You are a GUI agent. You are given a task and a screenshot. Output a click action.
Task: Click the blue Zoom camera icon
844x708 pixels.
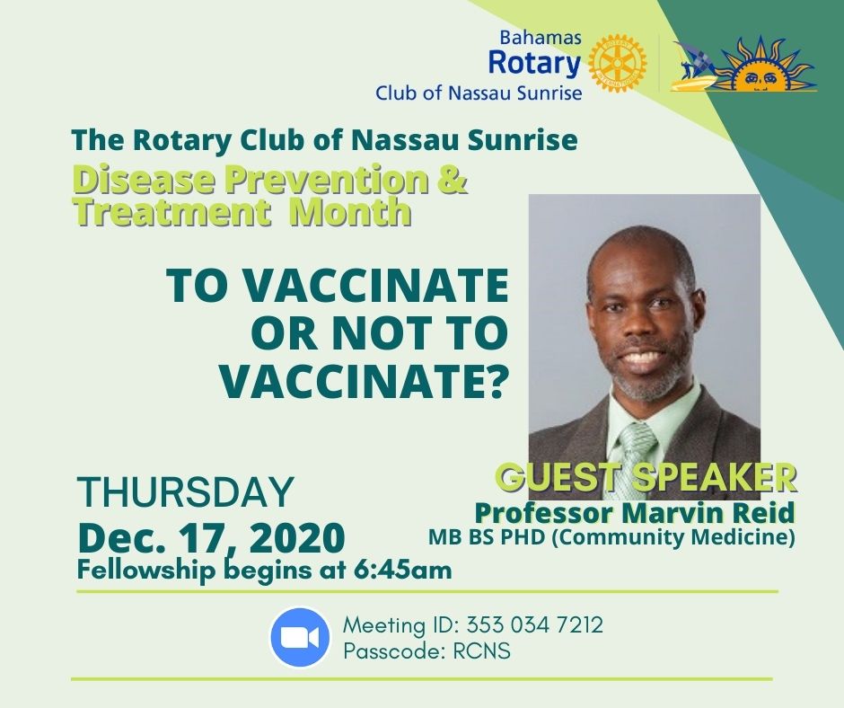[300, 637]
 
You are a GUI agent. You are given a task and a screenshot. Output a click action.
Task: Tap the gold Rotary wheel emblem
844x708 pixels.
[618, 64]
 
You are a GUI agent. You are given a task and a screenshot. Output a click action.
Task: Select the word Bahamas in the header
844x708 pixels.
[541, 37]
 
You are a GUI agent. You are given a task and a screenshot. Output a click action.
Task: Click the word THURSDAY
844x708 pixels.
[186, 491]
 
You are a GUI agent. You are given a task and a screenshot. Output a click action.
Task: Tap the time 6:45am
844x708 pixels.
[402, 570]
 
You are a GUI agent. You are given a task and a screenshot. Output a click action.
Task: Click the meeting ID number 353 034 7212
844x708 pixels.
[534, 625]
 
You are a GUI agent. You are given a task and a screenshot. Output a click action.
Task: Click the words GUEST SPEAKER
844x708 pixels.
[646, 476]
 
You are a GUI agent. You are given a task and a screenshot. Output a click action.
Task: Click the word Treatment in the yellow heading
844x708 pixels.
[171, 211]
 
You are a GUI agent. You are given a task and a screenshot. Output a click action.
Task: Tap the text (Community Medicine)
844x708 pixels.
[673, 537]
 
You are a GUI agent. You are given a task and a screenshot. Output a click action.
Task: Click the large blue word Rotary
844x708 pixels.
[534, 63]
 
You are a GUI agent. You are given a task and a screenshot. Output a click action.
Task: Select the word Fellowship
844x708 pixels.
[145, 570]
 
